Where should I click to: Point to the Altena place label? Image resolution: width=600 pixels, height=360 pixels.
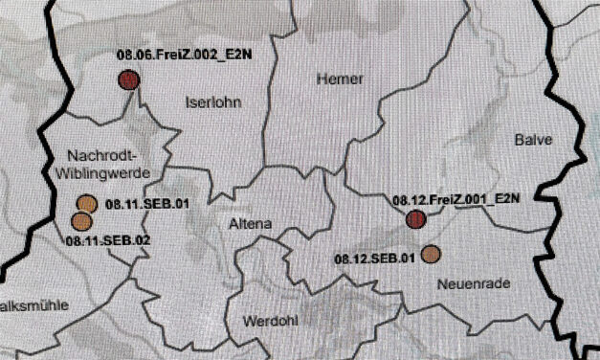click(x=251, y=224)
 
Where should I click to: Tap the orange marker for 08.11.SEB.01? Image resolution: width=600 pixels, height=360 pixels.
click(x=86, y=203)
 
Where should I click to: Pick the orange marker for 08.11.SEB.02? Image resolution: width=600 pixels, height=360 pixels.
click(x=81, y=220)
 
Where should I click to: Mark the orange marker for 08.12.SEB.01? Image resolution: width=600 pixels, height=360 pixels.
click(x=431, y=254)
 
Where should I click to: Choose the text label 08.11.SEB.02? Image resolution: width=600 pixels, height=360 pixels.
click(x=109, y=239)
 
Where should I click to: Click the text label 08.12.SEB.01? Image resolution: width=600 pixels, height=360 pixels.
click(x=374, y=258)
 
